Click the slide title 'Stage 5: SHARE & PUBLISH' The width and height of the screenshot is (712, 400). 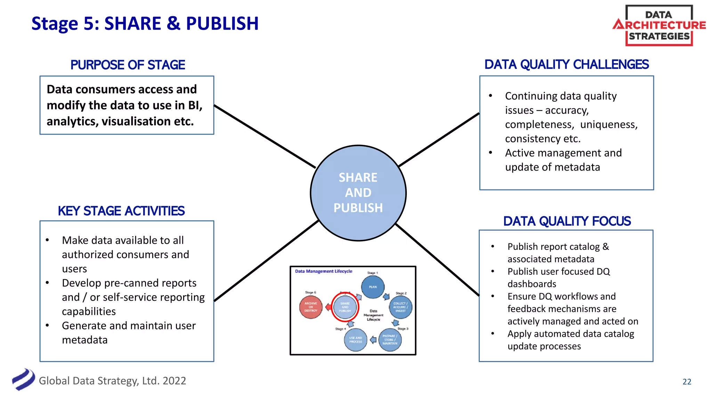pos(145,24)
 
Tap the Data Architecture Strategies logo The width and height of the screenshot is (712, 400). pos(659,25)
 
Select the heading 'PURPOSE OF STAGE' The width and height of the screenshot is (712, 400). pos(128,65)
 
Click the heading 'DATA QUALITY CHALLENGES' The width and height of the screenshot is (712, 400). pos(566,65)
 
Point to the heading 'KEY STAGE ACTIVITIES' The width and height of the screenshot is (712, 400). pos(121,211)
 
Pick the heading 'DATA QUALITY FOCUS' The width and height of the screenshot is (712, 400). pos(567,221)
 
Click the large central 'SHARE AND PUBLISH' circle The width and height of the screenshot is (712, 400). pos(358,193)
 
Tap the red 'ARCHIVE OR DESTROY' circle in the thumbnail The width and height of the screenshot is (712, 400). pos(311,307)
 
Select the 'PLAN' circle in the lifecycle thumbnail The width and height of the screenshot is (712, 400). pos(373,287)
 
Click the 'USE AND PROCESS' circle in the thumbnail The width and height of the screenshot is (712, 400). pos(355,340)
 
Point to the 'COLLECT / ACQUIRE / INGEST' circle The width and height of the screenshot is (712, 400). pos(400,307)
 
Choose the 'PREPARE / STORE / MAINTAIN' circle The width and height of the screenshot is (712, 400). pos(390,340)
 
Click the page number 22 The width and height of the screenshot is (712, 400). pos(687,382)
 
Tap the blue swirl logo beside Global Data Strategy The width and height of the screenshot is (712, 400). pos(23,380)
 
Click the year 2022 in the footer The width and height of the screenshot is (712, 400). pos(174,381)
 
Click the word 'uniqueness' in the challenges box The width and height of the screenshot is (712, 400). pos(609,124)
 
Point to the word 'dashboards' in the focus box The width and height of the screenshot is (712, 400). pos(532,284)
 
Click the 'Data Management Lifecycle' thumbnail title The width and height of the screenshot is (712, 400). pos(323,271)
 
